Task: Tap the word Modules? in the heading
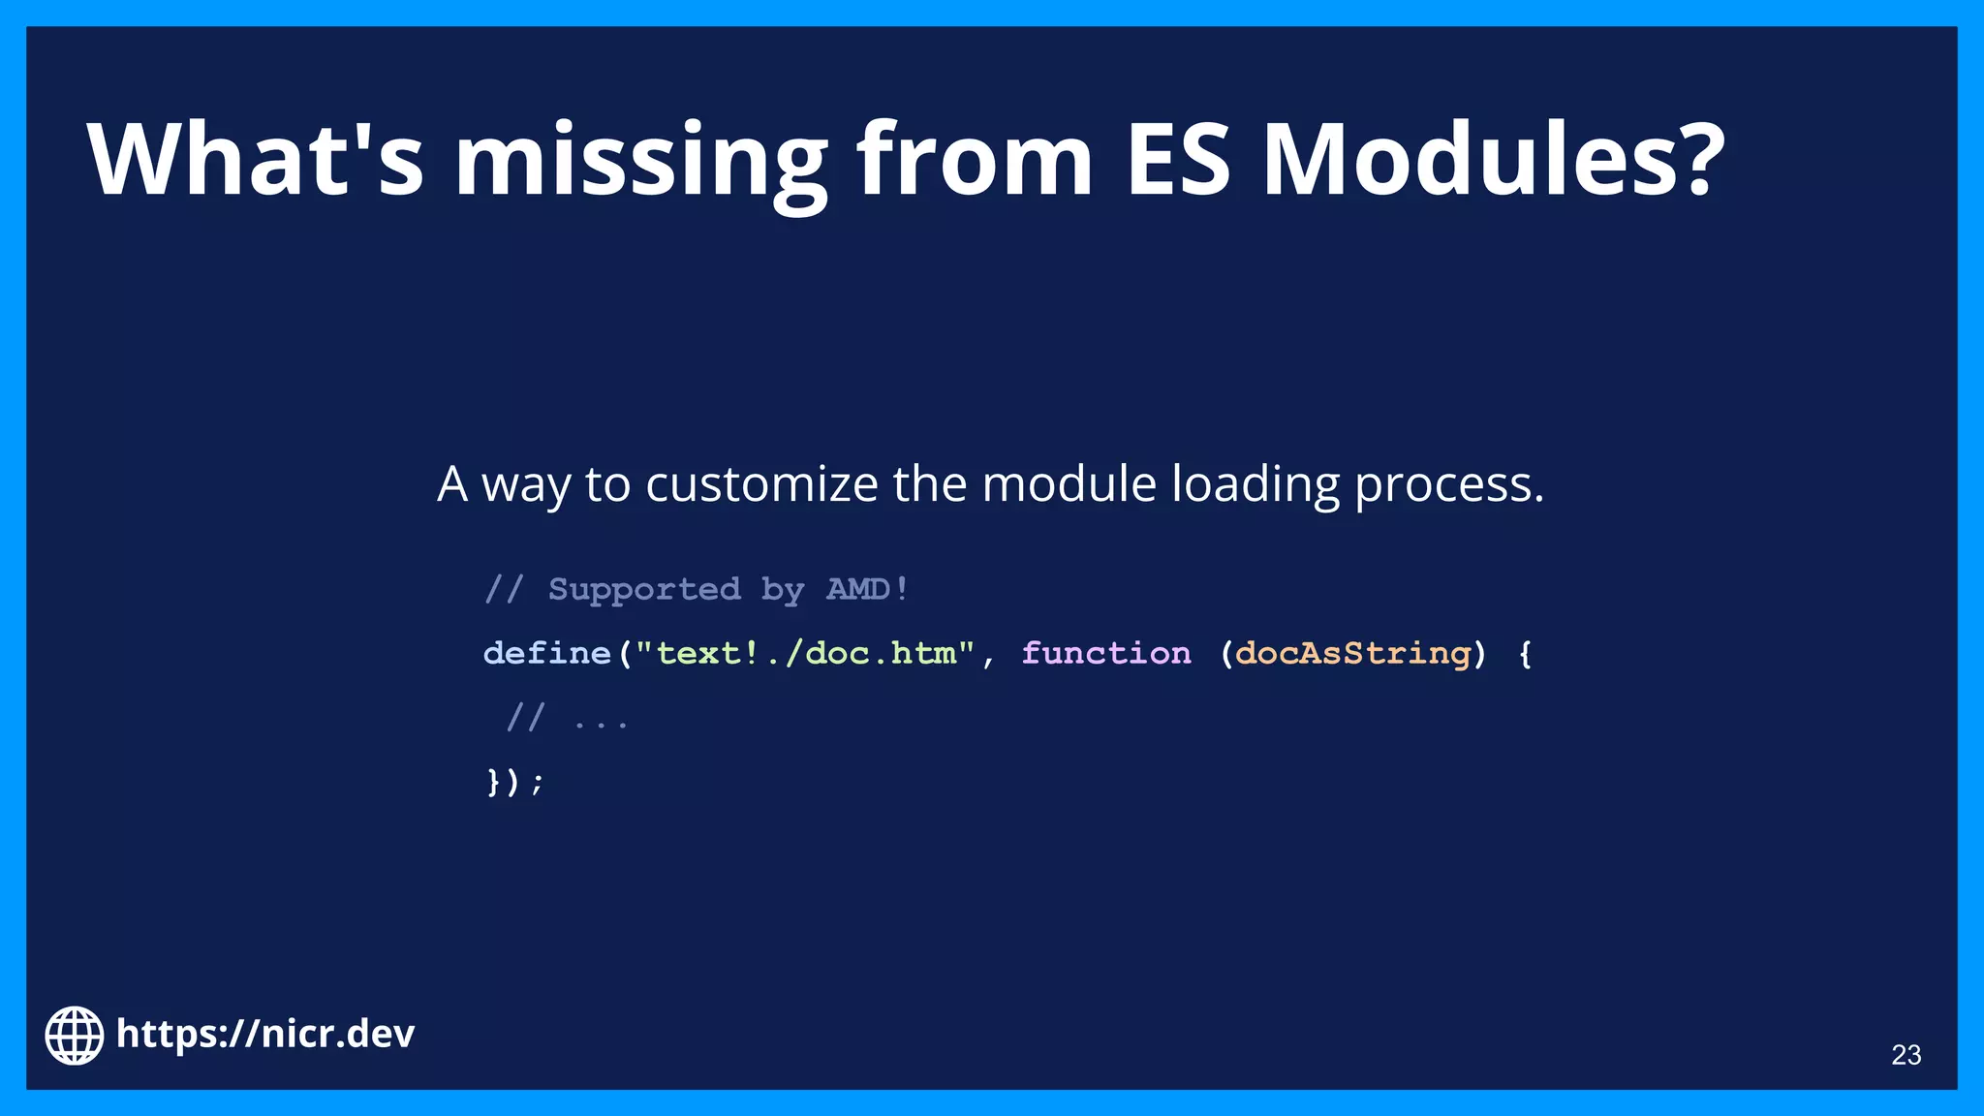coord(1493,160)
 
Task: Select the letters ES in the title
coord(1177,160)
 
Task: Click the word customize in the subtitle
coord(761,484)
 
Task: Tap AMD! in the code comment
coord(867,589)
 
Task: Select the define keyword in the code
coord(547,653)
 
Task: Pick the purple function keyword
coord(1106,653)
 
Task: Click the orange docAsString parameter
coord(1353,653)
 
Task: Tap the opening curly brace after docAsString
coord(1525,654)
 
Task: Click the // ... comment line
coord(568,719)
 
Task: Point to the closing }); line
coord(514,781)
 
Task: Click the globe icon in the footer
coord(75,1035)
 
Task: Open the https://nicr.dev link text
coord(265,1034)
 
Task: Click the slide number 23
coord(1906,1055)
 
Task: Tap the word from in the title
coord(975,160)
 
